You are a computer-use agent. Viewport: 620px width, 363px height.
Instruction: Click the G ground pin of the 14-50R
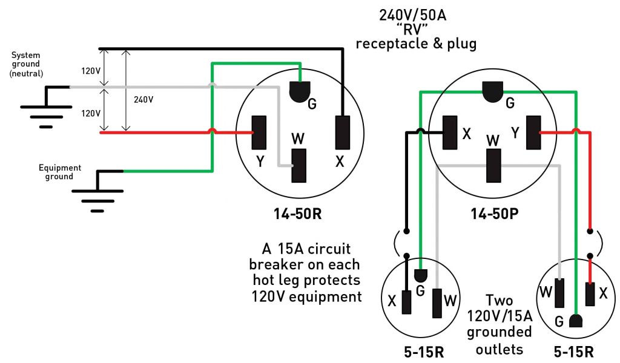pos(300,91)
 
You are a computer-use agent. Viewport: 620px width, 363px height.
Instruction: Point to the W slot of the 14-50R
pos(299,165)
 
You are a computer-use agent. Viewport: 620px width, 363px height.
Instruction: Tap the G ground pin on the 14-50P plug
pos(495,91)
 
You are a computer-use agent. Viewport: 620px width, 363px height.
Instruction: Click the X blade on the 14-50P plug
pos(450,132)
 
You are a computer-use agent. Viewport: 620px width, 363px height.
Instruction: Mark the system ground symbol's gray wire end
pos(70,87)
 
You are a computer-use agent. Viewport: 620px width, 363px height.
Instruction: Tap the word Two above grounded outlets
pos(500,301)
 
